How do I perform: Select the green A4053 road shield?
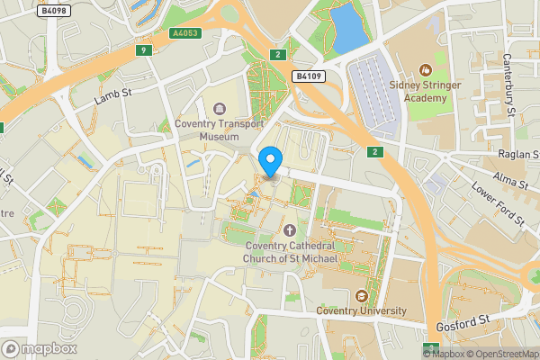coord(184,32)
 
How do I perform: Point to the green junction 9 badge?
coord(143,49)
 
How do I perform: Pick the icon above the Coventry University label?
coord(362,295)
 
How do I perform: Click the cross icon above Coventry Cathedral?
coord(289,231)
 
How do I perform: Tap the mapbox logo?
coord(40,347)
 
